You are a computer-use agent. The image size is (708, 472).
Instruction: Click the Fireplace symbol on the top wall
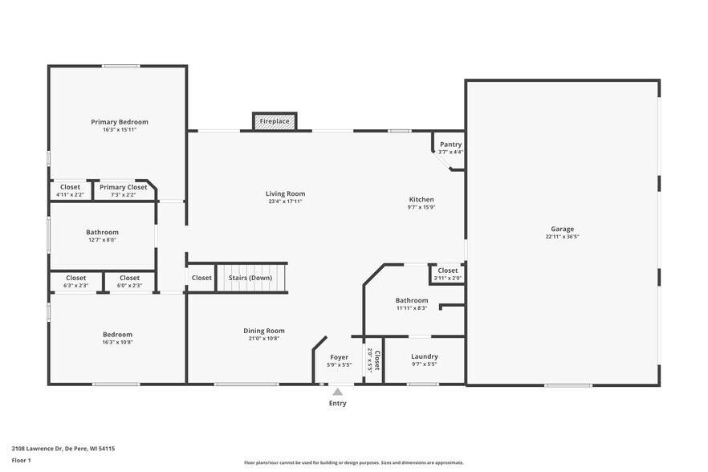tap(275, 121)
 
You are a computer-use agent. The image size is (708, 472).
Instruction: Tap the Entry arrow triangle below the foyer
tap(338, 392)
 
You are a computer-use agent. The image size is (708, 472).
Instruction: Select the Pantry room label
tap(450, 144)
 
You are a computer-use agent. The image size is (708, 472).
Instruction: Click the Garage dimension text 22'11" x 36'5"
tap(562, 237)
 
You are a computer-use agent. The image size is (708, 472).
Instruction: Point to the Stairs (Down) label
tap(250, 278)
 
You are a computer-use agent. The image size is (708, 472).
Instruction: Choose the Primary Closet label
tap(124, 187)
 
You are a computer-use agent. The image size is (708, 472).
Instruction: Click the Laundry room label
tap(424, 356)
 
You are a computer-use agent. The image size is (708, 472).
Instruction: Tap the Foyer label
tap(340, 357)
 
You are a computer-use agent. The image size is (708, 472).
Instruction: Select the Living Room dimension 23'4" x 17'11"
tap(286, 201)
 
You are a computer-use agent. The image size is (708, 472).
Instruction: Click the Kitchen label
tap(421, 199)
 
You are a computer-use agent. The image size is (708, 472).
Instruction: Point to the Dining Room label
tap(264, 331)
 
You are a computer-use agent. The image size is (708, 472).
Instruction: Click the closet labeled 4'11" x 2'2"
tap(70, 194)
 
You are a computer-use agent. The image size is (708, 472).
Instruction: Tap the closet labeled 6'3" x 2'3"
tap(75, 285)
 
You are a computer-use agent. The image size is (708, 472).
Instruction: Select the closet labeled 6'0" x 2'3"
tap(129, 285)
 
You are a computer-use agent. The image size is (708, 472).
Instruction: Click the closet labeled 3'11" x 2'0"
tap(448, 278)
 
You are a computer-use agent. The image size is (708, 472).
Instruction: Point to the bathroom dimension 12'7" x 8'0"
tap(102, 239)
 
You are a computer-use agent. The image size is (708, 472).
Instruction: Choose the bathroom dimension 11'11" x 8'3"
tap(412, 307)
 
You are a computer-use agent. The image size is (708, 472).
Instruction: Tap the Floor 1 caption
tap(21, 461)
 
